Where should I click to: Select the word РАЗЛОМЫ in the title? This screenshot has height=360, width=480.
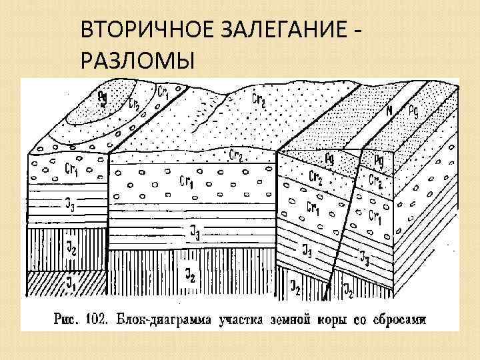pyautogui.click(x=137, y=61)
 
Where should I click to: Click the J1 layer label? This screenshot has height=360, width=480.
pyautogui.click(x=70, y=283)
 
